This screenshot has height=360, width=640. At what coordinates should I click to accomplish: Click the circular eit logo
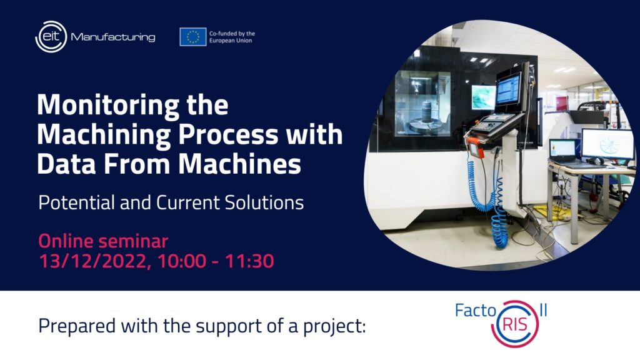pyautogui.click(x=51, y=37)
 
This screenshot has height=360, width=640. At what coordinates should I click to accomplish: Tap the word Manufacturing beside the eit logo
pyautogui.click(x=113, y=37)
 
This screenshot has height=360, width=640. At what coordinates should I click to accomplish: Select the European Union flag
pyautogui.click(x=192, y=37)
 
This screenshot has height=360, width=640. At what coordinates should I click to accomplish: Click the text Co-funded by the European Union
pyautogui.click(x=232, y=37)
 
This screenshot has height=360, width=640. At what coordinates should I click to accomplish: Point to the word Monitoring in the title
pyautogui.click(x=108, y=106)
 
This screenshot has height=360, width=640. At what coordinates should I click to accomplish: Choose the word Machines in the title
pyautogui.click(x=239, y=164)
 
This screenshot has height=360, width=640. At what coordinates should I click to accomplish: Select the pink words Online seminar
pyautogui.click(x=103, y=241)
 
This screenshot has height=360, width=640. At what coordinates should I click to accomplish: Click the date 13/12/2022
pyautogui.click(x=95, y=261)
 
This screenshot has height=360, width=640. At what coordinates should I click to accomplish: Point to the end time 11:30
pyautogui.click(x=249, y=261)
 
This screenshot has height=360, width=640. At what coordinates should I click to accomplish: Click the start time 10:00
pyautogui.click(x=182, y=261)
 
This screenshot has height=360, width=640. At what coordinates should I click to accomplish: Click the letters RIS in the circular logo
pyautogui.click(x=515, y=325)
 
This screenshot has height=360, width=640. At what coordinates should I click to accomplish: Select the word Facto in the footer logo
pyautogui.click(x=475, y=311)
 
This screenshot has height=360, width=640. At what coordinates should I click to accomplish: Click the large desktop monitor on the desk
pyautogui.click(x=607, y=144)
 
